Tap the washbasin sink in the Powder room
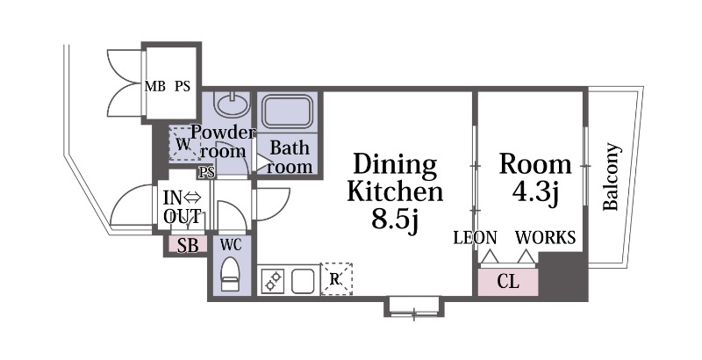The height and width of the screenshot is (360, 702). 232,104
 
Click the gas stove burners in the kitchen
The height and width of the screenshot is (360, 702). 273,281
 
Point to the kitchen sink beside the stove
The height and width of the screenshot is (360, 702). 303,281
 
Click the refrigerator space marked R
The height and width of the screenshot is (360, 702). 336,279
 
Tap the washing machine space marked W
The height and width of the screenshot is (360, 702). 185,144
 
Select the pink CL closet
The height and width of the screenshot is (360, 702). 508,282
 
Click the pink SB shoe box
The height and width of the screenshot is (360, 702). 188,245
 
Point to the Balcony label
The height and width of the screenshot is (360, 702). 612,176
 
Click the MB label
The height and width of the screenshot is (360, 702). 155,86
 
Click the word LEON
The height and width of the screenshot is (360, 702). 475,237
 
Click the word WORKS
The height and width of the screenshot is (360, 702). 545,237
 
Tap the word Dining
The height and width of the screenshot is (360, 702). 395,165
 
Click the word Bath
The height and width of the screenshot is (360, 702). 290,148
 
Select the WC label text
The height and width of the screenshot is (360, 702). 231,244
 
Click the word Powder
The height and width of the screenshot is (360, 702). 224,133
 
